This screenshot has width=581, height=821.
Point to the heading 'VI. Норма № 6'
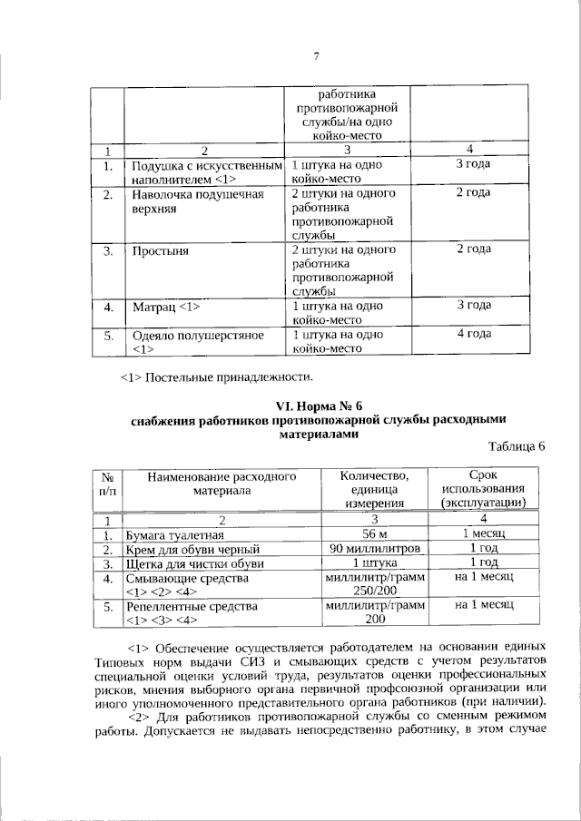[316, 405]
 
